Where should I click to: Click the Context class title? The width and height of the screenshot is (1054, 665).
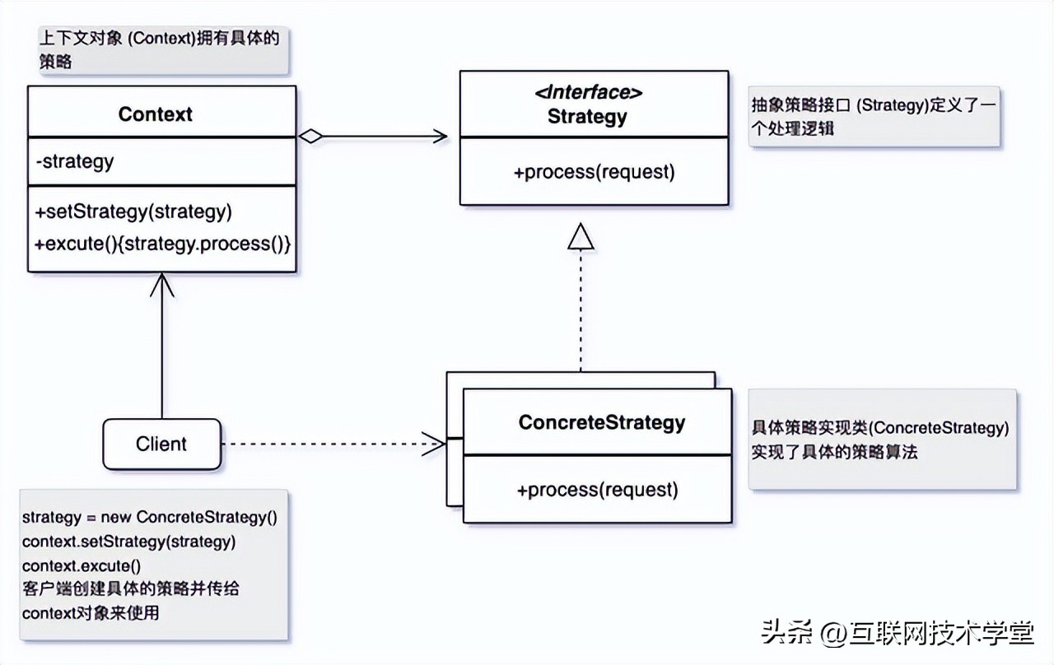click(155, 114)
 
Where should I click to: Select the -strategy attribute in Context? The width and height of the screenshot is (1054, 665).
click(75, 161)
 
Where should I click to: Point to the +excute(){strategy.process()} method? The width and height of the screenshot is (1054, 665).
click(163, 244)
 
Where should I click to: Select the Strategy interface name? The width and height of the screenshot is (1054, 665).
click(587, 117)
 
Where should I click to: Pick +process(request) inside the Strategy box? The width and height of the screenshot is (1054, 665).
click(594, 172)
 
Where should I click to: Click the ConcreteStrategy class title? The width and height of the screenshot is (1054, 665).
click(601, 422)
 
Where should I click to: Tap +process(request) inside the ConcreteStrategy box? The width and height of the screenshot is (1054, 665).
click(597, 490)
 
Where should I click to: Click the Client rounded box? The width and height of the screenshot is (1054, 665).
click(161, 444)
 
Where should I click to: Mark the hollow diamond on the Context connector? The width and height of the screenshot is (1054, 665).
click(310, 137)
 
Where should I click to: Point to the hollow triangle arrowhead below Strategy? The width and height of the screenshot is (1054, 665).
click(581, 237)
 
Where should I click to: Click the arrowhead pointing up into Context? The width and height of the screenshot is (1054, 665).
click(161, 284)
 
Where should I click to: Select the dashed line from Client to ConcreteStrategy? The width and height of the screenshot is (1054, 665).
click(329, 444)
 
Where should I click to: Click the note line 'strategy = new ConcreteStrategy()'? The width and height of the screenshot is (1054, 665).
click(149, 518)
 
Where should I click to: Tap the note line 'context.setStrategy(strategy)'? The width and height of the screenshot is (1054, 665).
click(128, 542)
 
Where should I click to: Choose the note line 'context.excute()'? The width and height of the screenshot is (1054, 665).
click(82, 565)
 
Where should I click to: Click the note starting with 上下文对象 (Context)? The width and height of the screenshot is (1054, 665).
click(163, 49)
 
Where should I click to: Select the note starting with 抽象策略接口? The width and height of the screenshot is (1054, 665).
click(874, 117)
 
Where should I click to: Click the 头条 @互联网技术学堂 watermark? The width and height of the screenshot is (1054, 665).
click(897, 634)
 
